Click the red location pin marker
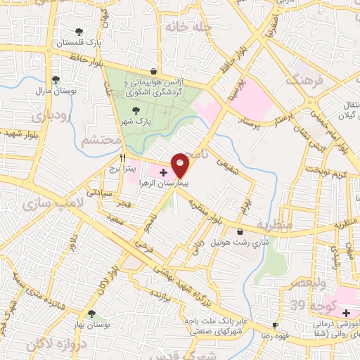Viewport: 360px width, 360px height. (181, 164)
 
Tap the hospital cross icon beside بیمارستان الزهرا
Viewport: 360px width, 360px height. (163, 172)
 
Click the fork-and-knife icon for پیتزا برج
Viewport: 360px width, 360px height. (122, 157)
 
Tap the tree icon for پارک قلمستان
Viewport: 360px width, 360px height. (79, 32)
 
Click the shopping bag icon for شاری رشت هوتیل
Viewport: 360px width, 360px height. (241, 231)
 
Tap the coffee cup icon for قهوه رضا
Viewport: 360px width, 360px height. (275, 326)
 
